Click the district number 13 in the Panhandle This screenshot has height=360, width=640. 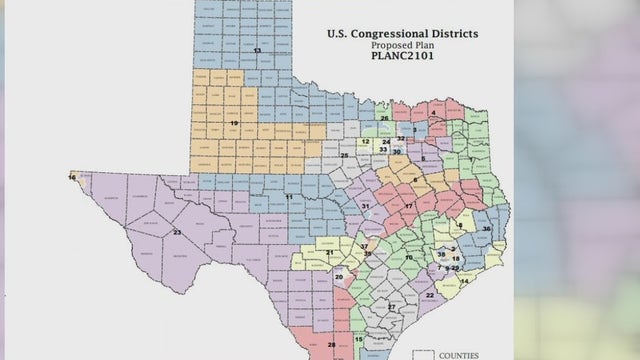point(257,49)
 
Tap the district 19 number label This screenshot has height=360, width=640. point(234,122)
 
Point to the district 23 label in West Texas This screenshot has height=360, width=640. point(177,232)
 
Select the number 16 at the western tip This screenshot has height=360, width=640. point(72,177)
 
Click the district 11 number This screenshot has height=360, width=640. point(289,198)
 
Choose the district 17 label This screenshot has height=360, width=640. point(408,206)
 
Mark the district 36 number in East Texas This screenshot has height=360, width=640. point(486,228)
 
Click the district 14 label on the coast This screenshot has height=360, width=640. point(463,281)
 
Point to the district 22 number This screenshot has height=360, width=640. point(429,295)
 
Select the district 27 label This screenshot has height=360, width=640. point(392,306)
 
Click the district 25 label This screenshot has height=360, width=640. point(344,156)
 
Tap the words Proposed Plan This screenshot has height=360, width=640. point(402,46)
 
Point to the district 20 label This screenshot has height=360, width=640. point(339,276)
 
